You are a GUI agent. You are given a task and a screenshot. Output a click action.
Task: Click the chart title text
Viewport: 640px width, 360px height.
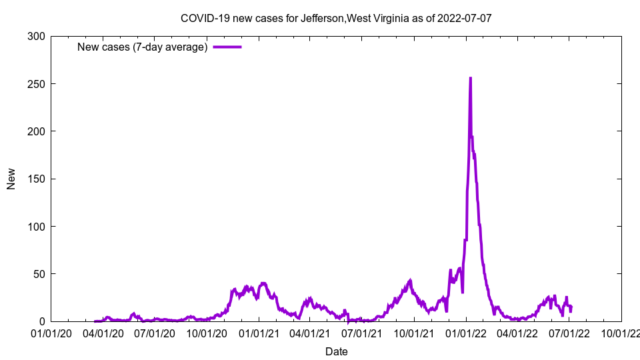point(336,18)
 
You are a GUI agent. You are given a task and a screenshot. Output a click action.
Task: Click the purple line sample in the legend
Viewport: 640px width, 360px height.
point(227,47)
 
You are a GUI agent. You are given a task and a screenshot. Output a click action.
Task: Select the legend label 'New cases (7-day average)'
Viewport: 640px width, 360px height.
point(142,47)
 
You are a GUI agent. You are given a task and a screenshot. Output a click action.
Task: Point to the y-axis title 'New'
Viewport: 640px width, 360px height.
point(11,179)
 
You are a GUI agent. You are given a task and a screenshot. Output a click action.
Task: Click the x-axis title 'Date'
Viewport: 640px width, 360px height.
point(336,351)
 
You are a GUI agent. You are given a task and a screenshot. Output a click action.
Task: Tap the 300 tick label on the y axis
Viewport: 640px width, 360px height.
point(37,37)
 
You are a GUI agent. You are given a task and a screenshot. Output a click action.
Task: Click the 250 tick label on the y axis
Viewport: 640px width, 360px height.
point(37,84)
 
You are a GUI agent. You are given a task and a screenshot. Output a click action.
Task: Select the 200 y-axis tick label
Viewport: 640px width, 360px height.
point(37,131)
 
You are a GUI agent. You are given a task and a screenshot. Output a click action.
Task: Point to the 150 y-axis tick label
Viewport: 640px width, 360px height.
point(37,179)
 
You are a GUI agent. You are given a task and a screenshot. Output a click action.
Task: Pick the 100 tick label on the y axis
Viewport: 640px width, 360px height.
point(37,227)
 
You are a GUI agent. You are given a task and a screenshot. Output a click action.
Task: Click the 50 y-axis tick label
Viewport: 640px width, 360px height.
point(39,274)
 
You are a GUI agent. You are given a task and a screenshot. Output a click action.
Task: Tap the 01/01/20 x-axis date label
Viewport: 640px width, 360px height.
point(51,333)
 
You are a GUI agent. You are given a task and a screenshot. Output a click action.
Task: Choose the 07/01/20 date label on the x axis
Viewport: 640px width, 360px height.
point(155,333)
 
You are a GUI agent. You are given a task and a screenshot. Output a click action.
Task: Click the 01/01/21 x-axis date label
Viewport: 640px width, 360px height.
point(259,333)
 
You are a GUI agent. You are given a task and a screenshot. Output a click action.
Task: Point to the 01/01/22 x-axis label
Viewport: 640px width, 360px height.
point(466,333)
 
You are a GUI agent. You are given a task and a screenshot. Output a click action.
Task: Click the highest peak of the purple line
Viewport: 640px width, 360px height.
point(470,78)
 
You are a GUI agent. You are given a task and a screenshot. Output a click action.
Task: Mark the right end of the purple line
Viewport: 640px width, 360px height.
point(571,307)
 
